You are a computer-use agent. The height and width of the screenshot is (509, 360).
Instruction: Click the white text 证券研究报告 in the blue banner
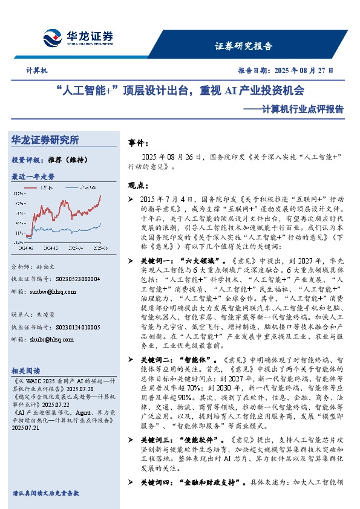tap(244, 46)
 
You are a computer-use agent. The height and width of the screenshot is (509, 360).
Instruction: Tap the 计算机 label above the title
tap(37, 71)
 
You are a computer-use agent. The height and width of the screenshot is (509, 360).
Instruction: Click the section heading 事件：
tap(139, 143)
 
